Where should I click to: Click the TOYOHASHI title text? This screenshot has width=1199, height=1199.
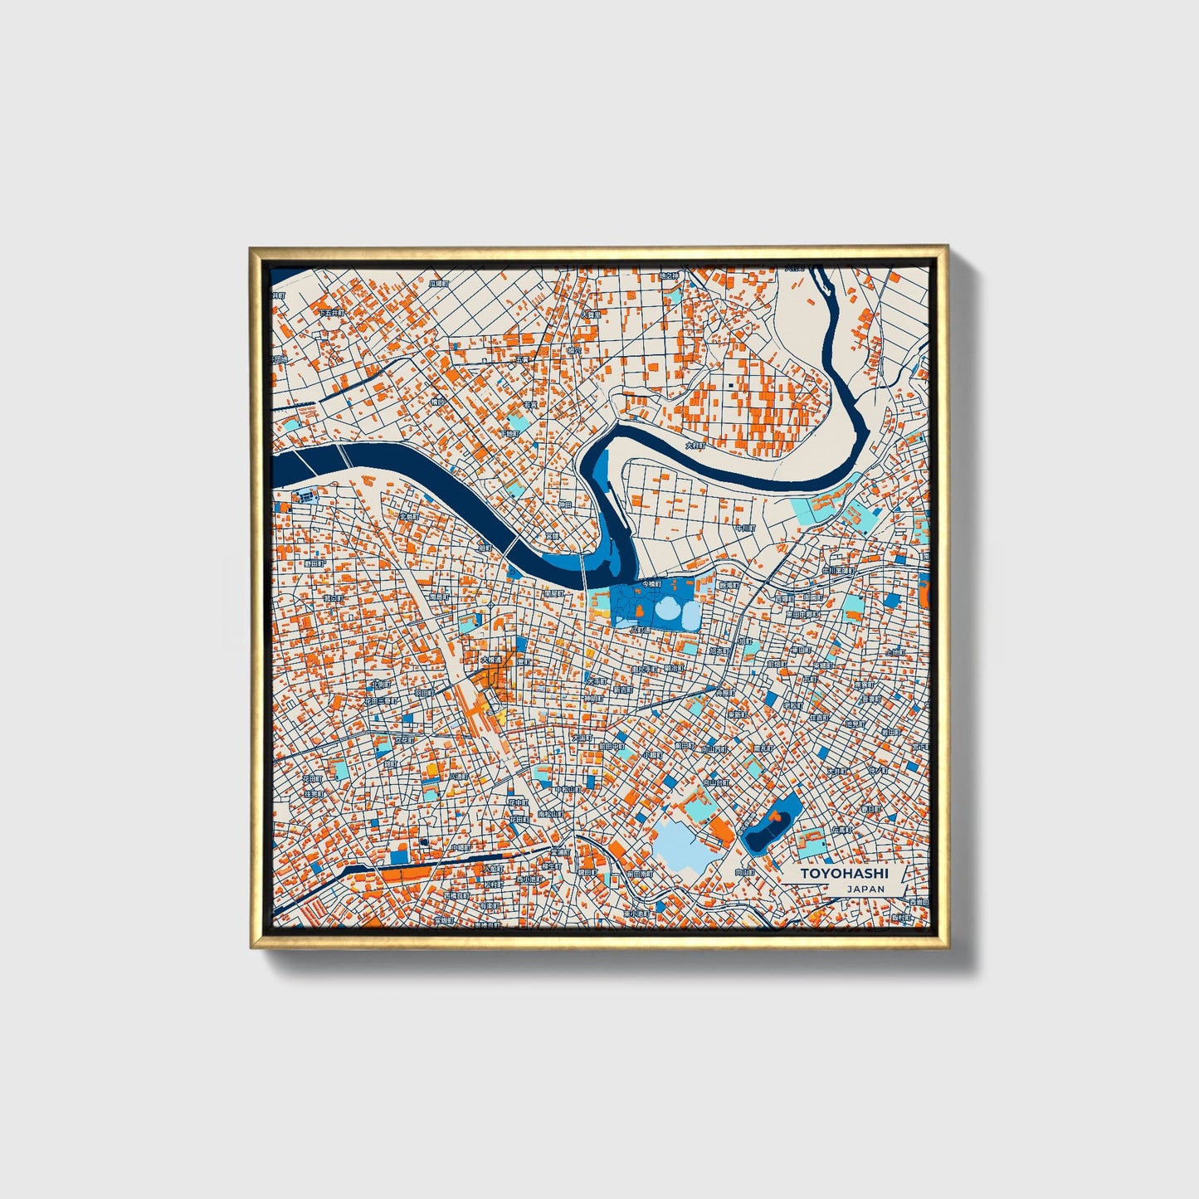click(x=844, y=874)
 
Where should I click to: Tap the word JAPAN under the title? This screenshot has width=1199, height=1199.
click(x=865, y=889)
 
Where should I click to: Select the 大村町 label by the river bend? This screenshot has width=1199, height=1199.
click(x=695, y=446)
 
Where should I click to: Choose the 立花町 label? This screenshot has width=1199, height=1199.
click(x=403, y=738)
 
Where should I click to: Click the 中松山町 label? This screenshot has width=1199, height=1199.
click(x=567, y=790)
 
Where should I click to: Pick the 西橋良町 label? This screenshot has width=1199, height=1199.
click(x=456, y=896)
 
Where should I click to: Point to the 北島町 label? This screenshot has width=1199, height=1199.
click(x=410, y=516)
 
